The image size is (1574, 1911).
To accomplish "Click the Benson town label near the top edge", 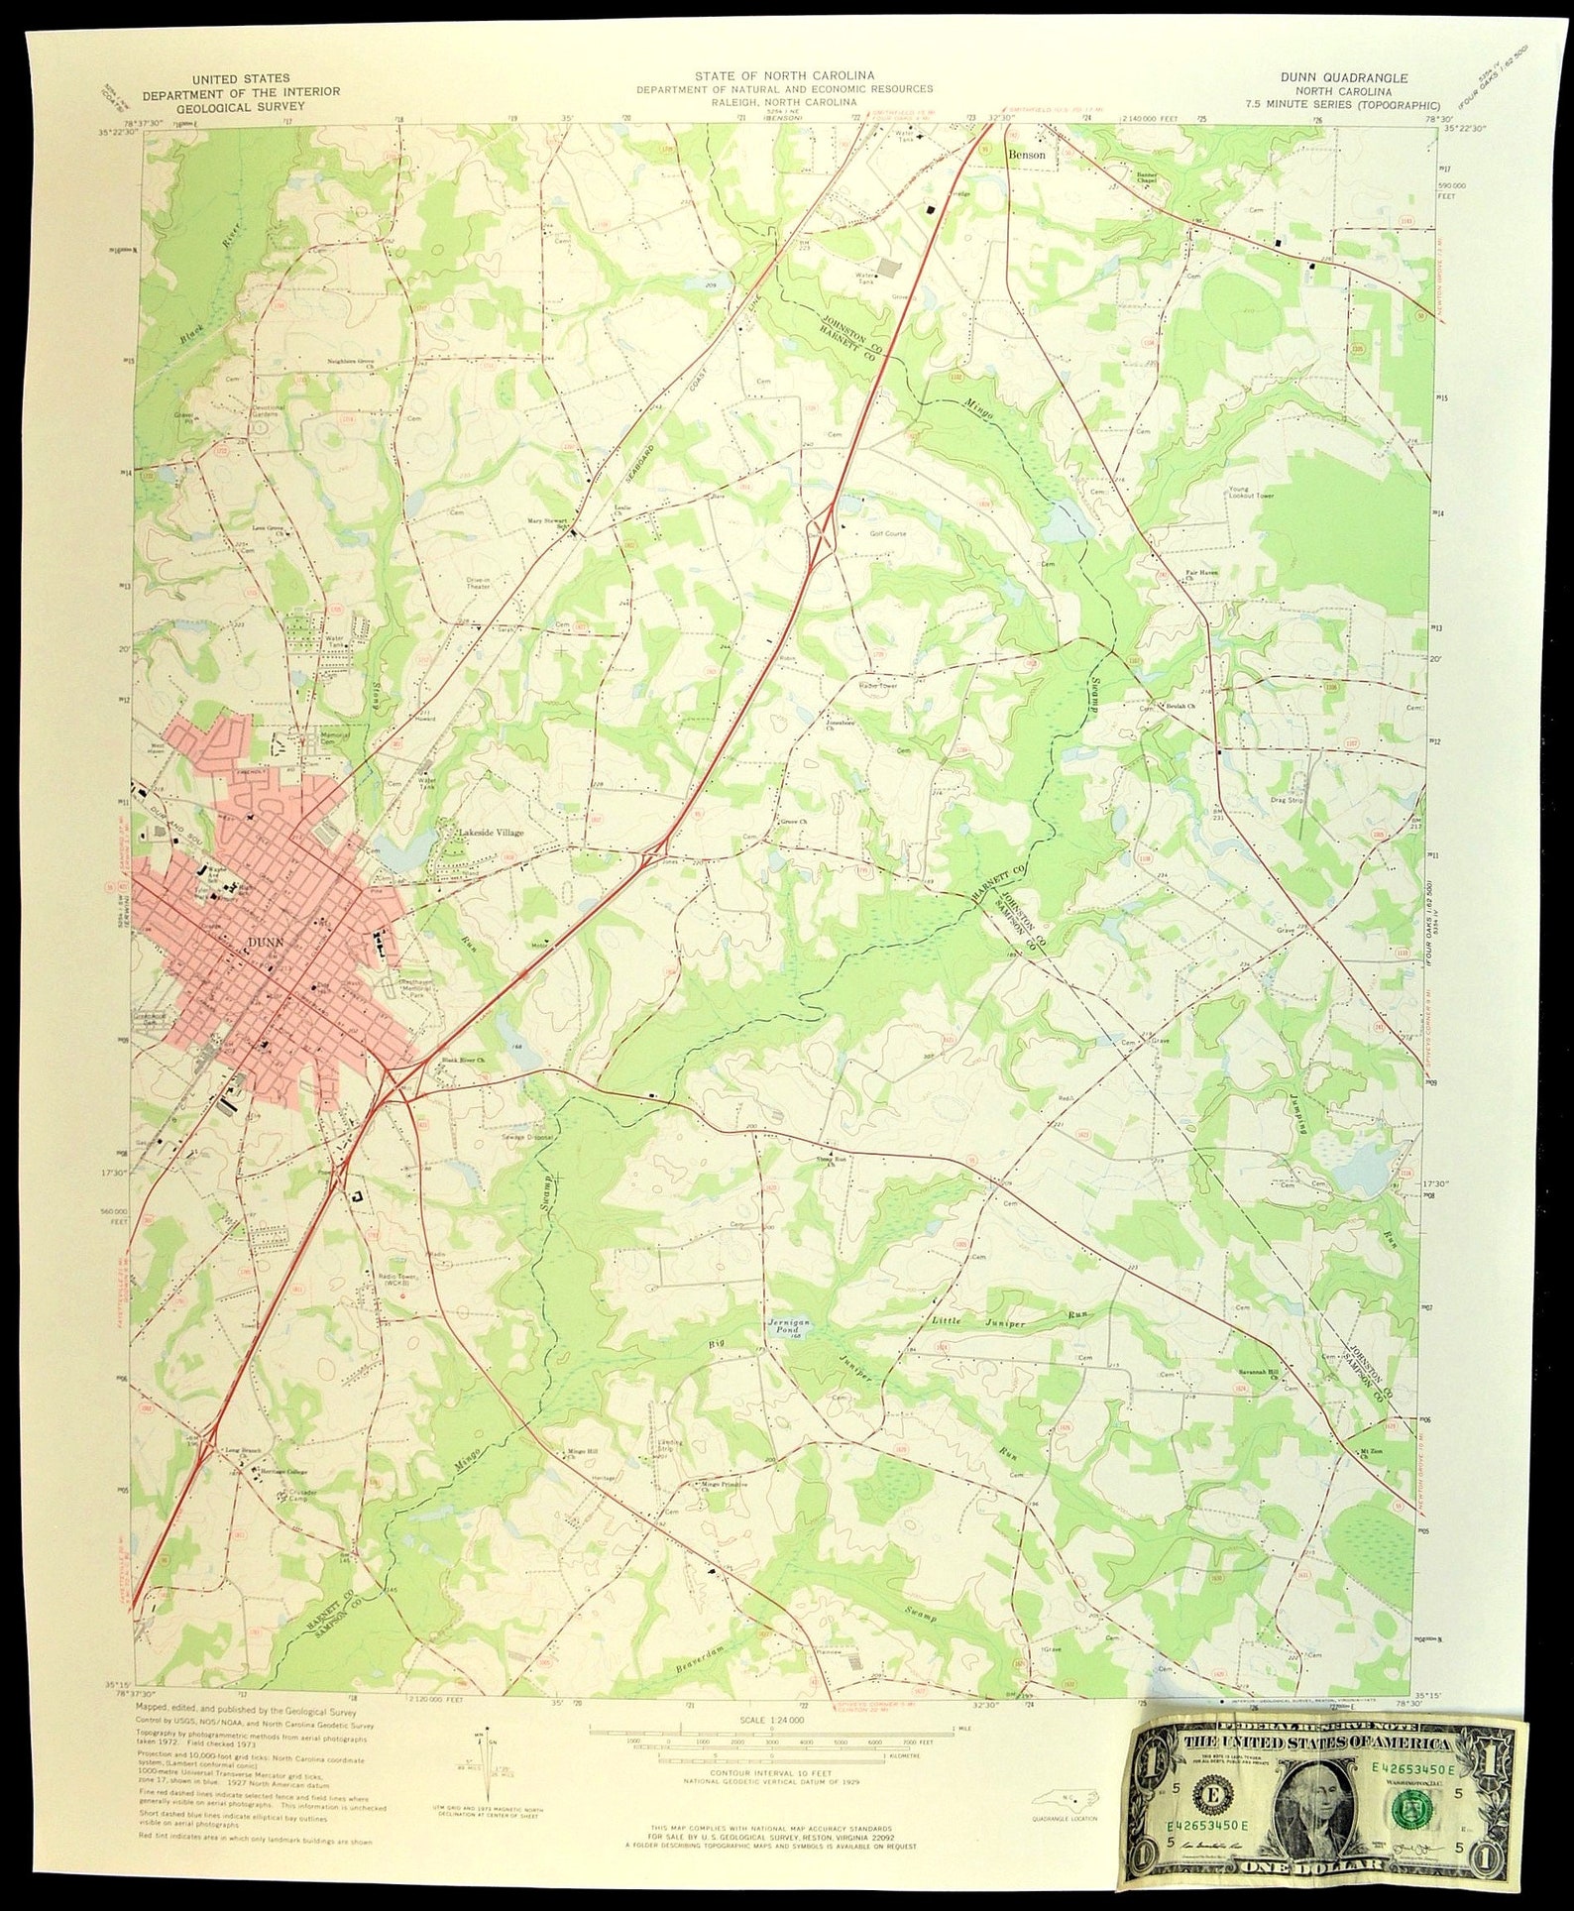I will coord(1027,156).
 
